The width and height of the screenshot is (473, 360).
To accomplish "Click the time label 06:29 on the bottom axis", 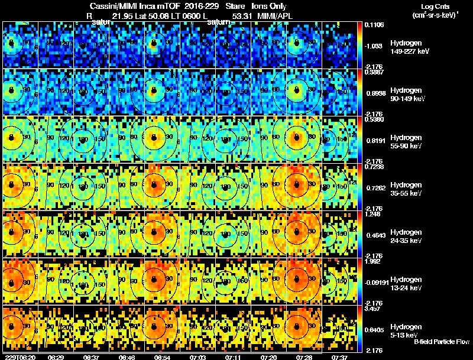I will pos(56,357).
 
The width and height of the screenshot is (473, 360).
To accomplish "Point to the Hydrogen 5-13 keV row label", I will pos(407,330).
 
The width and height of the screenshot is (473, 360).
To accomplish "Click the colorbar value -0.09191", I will pos(377,283).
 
